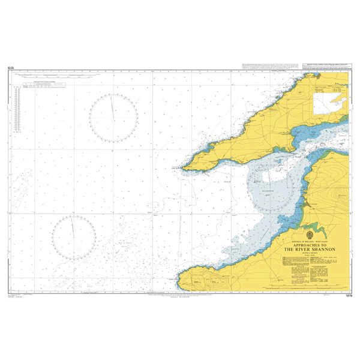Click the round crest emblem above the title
[x=308, y=234]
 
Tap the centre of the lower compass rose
[x=74, y=238]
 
